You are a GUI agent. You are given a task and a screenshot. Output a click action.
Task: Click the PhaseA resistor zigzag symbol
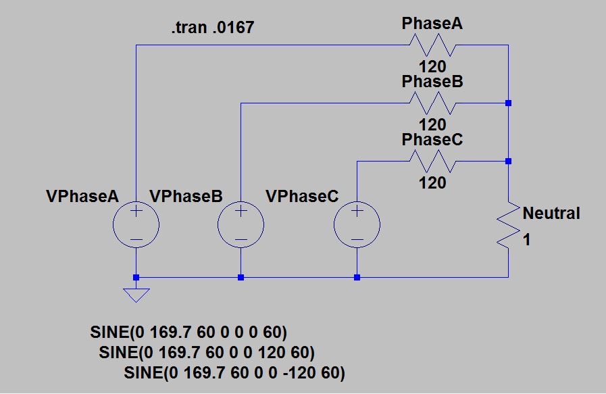432,45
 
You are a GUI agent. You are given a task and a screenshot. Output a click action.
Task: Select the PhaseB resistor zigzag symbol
432,103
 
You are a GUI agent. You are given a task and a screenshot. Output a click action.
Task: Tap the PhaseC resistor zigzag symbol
432,162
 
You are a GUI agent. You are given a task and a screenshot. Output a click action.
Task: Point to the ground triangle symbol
136,295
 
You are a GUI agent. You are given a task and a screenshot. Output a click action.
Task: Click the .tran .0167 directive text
213,29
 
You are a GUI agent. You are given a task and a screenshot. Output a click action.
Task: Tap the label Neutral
551,214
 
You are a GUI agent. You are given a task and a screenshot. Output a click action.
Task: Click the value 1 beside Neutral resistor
527,239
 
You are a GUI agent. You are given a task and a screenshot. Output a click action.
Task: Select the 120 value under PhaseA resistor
432,67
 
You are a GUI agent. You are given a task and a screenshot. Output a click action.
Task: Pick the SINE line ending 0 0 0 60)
188,333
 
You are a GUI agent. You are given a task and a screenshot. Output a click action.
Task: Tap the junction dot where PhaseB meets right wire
508,103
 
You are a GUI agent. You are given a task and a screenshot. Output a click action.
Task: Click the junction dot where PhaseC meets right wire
508,162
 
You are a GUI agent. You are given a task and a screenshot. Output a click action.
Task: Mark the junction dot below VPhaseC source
357,277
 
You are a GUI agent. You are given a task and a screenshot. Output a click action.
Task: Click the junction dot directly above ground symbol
136,277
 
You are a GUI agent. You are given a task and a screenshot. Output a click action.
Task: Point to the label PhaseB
432,81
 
